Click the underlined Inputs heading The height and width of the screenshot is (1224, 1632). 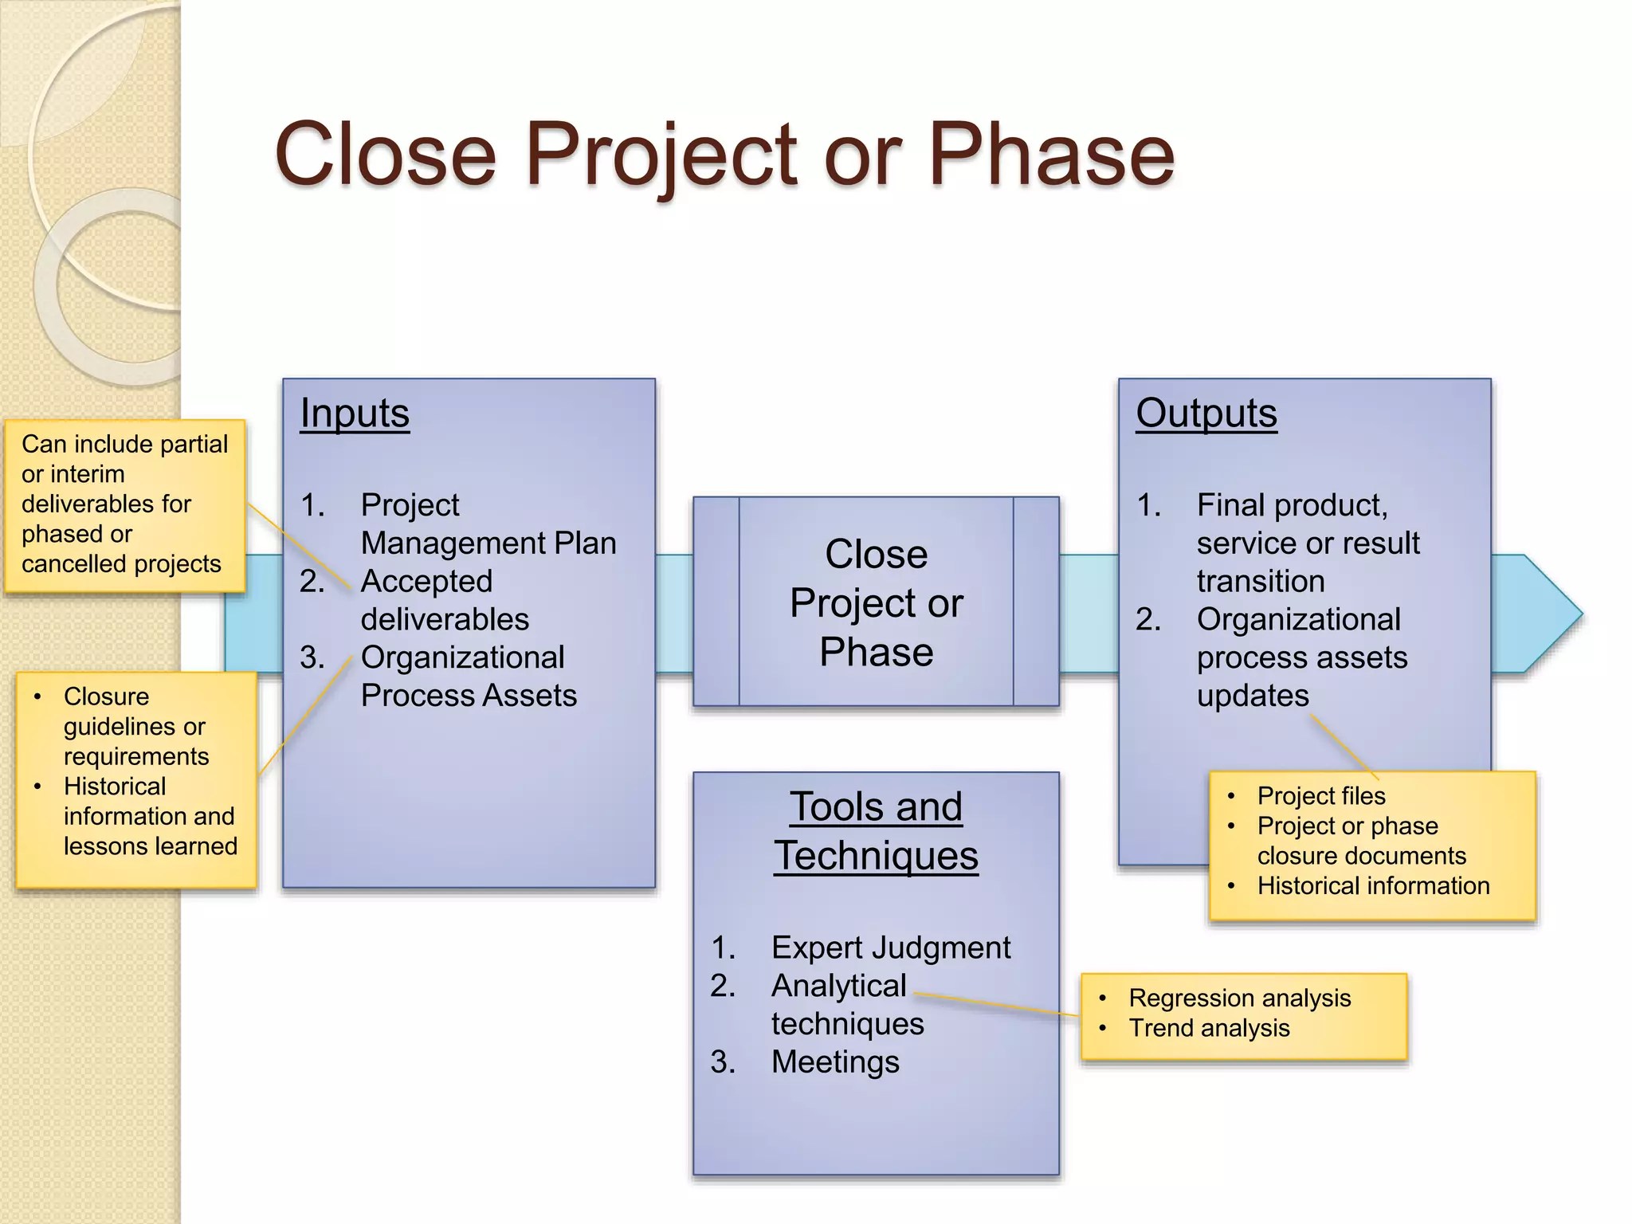355,413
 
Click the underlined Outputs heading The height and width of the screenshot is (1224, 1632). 1206,413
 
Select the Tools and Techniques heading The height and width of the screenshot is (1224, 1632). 876,830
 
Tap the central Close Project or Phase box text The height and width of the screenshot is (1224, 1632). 876,602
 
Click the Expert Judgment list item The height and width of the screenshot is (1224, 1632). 890,947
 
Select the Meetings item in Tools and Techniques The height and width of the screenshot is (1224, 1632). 835,1061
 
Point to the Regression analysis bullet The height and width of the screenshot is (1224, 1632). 1239,998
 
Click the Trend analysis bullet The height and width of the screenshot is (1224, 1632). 1209,1028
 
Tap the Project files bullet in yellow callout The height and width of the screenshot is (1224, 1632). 1320,795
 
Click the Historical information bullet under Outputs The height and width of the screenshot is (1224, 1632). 1372,885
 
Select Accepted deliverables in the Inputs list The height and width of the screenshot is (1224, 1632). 444,600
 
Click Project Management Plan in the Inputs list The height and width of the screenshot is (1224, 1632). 488,524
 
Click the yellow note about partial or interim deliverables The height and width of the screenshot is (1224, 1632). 124,504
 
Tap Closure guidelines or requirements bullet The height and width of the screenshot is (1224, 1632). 135,726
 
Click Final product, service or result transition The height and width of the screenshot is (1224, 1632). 1307,543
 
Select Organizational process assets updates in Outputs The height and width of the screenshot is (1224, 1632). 1301,657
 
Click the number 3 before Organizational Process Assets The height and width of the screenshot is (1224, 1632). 312,657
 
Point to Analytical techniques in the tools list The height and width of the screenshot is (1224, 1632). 846,1004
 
